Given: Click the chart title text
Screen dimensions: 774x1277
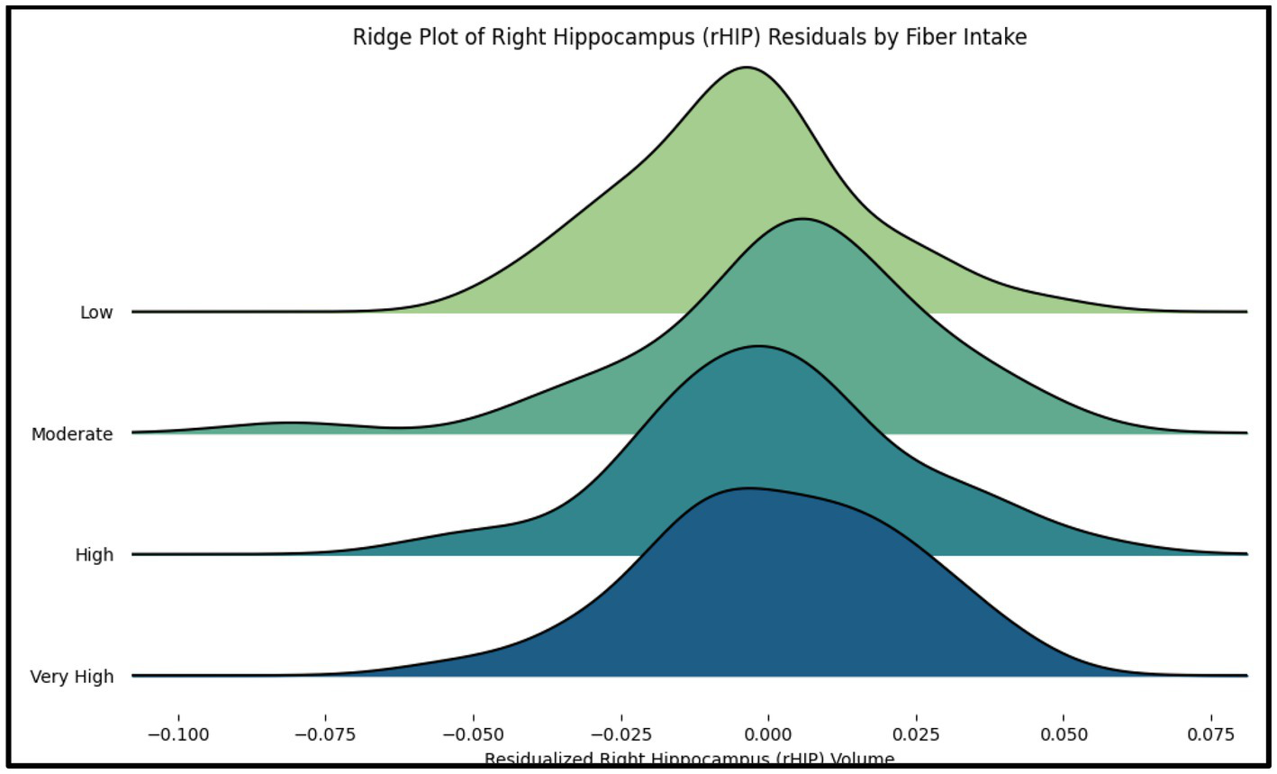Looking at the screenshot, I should (689, 37).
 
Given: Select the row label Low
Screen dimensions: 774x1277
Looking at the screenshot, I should (96, 313).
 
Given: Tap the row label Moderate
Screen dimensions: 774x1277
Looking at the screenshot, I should (72, 434).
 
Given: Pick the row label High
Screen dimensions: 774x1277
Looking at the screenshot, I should (95, 555).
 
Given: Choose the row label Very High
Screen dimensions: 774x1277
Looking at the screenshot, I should (72, 677).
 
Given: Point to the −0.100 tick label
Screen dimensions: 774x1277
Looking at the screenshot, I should (177, 734).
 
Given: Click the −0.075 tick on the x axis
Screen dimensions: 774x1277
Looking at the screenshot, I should (325, 734).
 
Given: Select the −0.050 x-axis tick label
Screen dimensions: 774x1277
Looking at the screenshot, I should (473, 734).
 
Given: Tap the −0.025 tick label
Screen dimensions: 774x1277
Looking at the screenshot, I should (620, 734).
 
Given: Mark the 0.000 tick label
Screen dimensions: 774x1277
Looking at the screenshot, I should (769, 734).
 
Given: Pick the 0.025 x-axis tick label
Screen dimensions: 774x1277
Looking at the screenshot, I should (917, 734).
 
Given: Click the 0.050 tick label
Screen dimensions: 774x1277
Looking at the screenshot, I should (1064, 734).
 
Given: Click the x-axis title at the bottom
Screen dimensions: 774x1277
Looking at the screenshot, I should (689, 759).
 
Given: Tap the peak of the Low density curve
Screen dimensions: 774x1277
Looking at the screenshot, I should (746, 68).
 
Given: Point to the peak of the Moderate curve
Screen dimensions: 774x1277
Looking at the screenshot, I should (802, 219).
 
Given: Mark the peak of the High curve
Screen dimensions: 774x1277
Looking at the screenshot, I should (758, 346).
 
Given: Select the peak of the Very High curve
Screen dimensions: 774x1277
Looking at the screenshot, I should (747, 488).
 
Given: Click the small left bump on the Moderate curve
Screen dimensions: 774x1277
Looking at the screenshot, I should (288, 423).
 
